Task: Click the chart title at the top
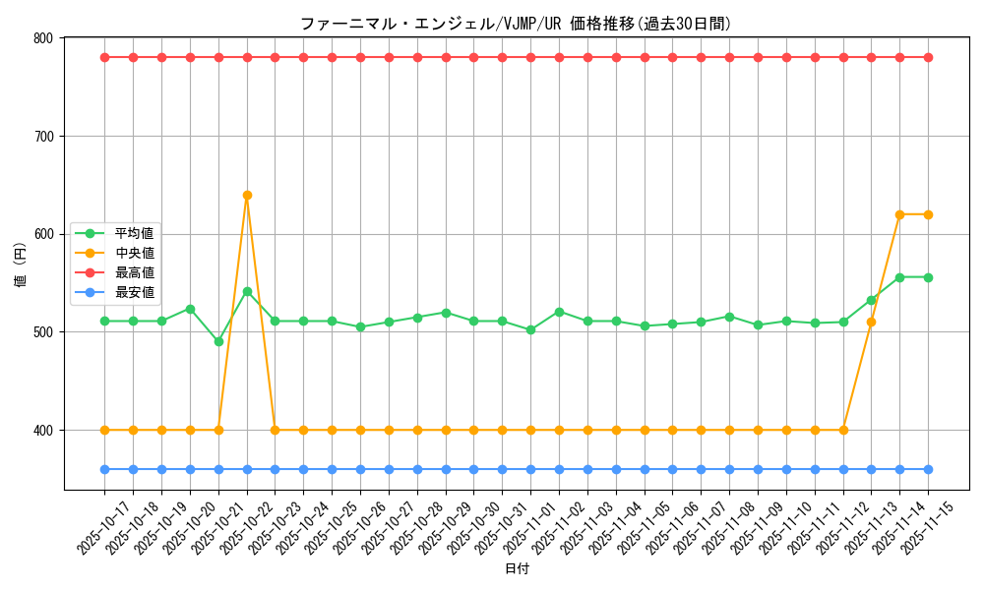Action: click(516, 24)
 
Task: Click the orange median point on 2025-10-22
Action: click(247, 195)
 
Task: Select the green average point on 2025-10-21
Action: click(218, 341)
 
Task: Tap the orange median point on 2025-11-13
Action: click(871, 322)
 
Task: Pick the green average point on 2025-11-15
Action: click(928, 277)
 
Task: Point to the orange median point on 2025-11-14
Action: click(899, 214)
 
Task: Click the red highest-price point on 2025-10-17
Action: click(104, 57)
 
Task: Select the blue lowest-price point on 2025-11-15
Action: click(928, 469)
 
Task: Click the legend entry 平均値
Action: click(134, 234)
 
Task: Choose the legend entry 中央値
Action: click(134, 254)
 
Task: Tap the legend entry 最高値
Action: click(134, 272)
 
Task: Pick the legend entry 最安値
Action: click(134, 292)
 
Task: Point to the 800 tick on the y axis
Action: click(43, 38)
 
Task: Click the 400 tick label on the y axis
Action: click(43, 431)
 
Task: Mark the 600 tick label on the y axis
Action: click(43, 234)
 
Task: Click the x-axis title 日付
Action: click(517, 569)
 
